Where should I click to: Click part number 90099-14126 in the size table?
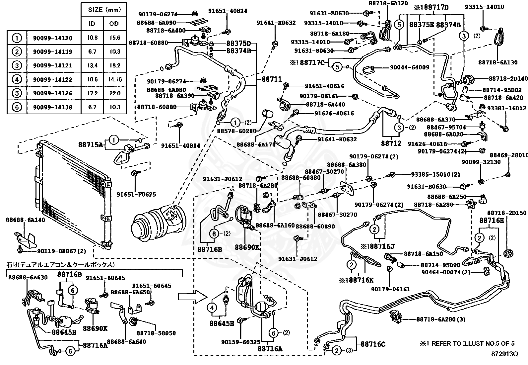(52, 93)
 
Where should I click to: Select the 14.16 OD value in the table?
(115, 79)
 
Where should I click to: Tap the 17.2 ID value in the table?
(92, 93)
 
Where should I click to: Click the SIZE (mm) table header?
(104, 10)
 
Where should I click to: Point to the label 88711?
(272, 79)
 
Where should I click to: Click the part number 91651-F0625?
(136, 194)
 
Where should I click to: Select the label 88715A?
(91, 144)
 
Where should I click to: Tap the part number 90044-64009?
(409, 67)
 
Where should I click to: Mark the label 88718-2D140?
(508, 79)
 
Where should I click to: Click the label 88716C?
(373, 344)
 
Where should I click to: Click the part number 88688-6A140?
(26, 220)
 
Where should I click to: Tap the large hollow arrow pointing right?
(192, 296)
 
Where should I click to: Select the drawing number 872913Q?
(505, 354)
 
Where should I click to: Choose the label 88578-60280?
(236, 131)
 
